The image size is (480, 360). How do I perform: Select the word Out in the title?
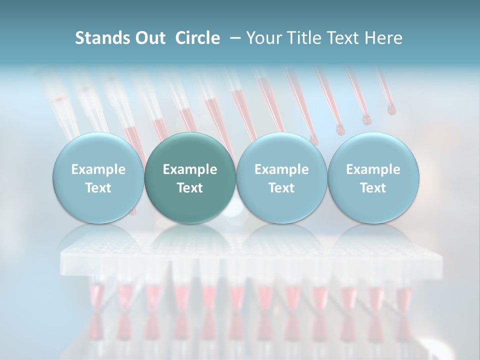pyautogui.click(x=149, y=38)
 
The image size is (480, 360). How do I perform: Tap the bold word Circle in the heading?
pyautogui.click(x=197, y=38)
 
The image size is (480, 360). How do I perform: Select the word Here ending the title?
pyautogui.click(x=384, y=38)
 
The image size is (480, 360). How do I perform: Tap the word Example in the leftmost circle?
pyautogui.click(x=98, y=169)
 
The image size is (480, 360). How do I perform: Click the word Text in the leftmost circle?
pyautogui.click(x=98, y=188)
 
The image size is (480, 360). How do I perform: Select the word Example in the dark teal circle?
pyautogui.click(x=190, y=169)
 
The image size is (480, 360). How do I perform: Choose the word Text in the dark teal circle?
pyautogui.click(x=190, y=188)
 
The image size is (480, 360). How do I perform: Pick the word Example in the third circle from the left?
pyautogui.click(x=281, y=169)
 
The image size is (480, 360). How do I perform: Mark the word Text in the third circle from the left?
pyautogui.click(x=281, y=188)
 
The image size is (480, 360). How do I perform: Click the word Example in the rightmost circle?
pyautogui.click(x=373, y=169)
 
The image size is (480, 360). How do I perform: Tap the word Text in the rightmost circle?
pyautogui.click(x=373, y=188)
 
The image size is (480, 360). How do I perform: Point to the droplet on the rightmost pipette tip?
pyautogui.click(x=391, y=109)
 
